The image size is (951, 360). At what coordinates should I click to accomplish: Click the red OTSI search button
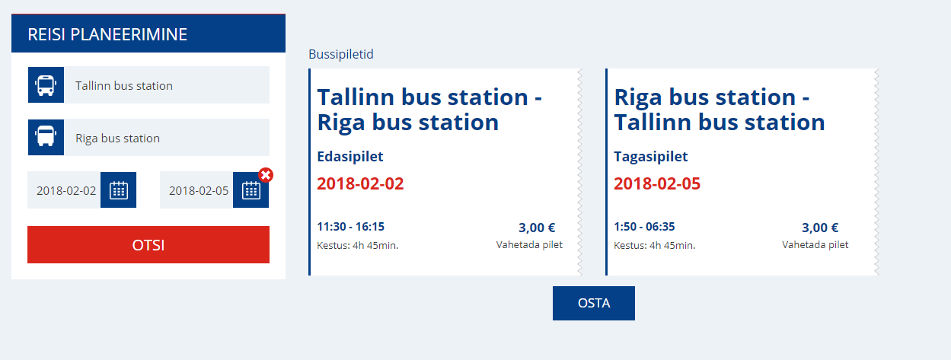[x=148, y=244]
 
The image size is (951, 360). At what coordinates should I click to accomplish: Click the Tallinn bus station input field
[x=167, y=85]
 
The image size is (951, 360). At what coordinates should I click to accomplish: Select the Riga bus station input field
[x=167, y=138]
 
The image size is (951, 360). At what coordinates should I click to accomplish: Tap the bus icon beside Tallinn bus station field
[x=46, y=85]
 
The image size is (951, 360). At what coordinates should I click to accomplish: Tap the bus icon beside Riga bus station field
[x=46, y=137]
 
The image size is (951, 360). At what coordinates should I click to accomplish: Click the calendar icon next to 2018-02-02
[x=119, y=190]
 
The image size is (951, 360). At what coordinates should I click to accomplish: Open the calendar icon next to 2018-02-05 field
[x=251, y=190]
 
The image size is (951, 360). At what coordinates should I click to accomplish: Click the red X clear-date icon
[x=266, y=175]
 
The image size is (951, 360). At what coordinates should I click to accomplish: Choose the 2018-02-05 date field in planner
[x=196, y=190]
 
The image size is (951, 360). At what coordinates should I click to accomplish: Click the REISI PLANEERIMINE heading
[x=107, y=34]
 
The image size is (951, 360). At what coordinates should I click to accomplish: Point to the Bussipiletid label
[x=341, y=54]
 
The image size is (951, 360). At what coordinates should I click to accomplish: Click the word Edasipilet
[x=350, y=157]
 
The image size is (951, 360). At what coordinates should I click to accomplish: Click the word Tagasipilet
[x=651, y=157]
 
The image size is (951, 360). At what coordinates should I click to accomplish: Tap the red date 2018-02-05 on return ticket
[x=657, y=183]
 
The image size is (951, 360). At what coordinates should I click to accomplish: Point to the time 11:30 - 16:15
[x=351, y=227]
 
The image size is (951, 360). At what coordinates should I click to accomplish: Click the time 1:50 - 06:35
[x=644, y=227]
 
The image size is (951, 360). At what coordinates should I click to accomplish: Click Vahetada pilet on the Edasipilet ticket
[x=529, y=245]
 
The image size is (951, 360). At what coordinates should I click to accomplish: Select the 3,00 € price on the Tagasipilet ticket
[x=820, y=228]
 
